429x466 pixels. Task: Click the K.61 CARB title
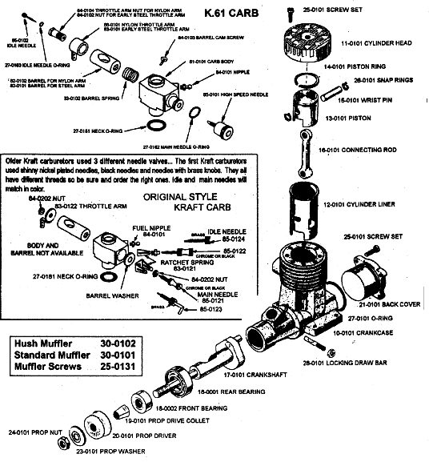(227, 13)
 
